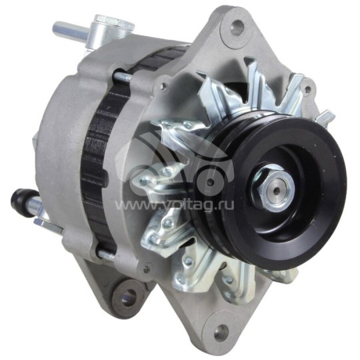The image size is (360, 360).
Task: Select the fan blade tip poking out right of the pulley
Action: (325, 118)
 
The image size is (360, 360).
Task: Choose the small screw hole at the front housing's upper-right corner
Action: (308, 85)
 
